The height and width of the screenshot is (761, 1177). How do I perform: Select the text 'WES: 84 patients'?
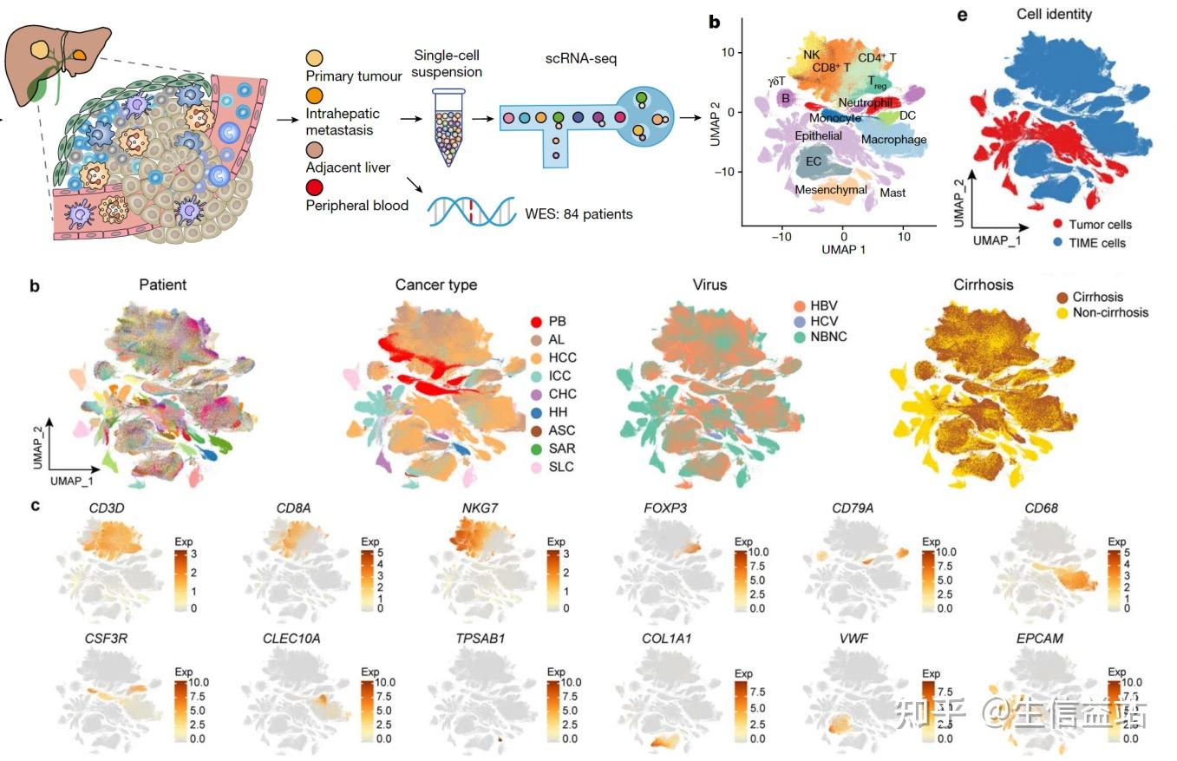pos(579,212)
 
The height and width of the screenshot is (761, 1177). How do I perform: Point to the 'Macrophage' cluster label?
pos(893,139)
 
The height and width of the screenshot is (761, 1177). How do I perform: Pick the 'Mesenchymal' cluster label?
pos(831,189)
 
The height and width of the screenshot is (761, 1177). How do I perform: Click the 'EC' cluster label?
pos(814,161)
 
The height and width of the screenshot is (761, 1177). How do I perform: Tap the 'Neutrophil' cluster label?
pos(866,102)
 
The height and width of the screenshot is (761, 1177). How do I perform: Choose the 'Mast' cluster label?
pos(893,193)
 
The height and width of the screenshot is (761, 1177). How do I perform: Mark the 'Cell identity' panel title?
pos(1055,14)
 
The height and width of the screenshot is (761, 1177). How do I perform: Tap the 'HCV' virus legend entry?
pos(823,321)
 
